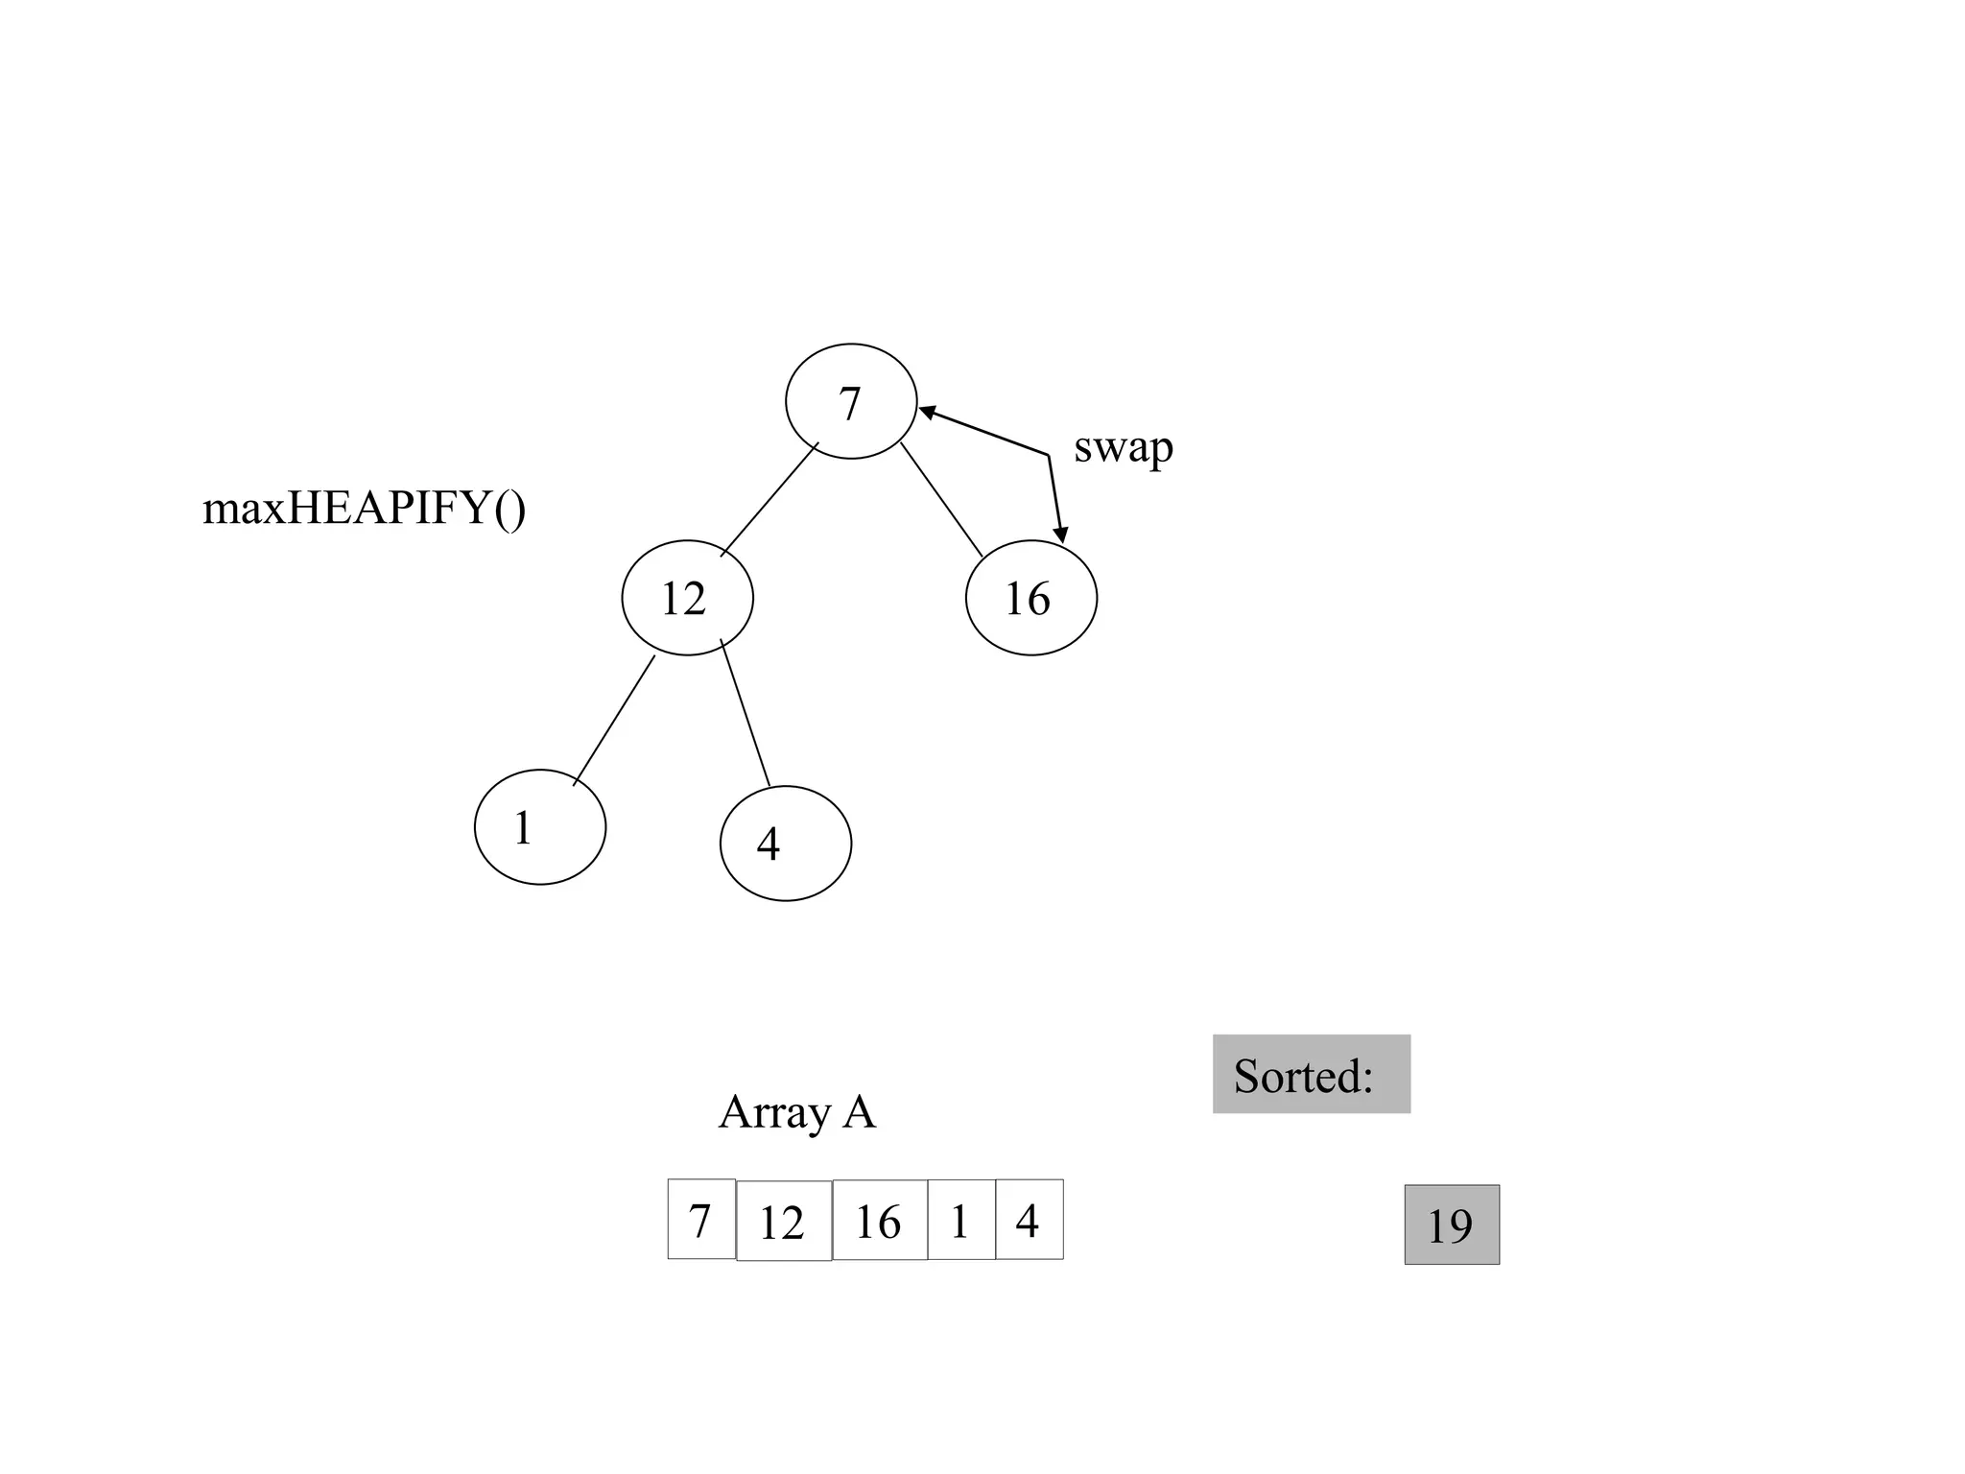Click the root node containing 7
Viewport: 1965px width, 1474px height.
coord(851,401)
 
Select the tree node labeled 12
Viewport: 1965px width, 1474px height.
coord(687,598)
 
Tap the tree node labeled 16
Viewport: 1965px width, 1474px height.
coord(1030,598)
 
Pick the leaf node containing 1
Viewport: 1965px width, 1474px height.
coord(540,826)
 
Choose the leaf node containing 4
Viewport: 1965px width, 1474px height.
coord(785,844)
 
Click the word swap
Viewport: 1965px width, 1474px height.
coord(1123,447)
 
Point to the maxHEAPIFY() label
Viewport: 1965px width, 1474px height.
coord(365,508)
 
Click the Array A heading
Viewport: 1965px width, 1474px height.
coord(796,1112)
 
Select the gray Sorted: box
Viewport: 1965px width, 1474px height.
coord(1311,1074)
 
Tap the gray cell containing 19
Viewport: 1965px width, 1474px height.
coord(1452,1224)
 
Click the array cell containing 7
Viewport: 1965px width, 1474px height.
coord(701,1219)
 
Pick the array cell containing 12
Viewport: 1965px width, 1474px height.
coord(783,1221)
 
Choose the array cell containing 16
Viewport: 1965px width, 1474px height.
coord(879,1220)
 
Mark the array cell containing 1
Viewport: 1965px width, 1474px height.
coord(961,1220)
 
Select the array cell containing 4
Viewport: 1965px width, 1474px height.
coord(1030,1219)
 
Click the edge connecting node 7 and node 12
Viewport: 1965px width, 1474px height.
coord(769,500)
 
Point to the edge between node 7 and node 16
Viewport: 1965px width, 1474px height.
coord(941,500)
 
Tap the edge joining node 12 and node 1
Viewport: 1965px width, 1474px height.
coord(614,720)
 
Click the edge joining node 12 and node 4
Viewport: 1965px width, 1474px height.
coord(746,712)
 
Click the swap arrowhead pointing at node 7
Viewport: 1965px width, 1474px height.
coord(927,413)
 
